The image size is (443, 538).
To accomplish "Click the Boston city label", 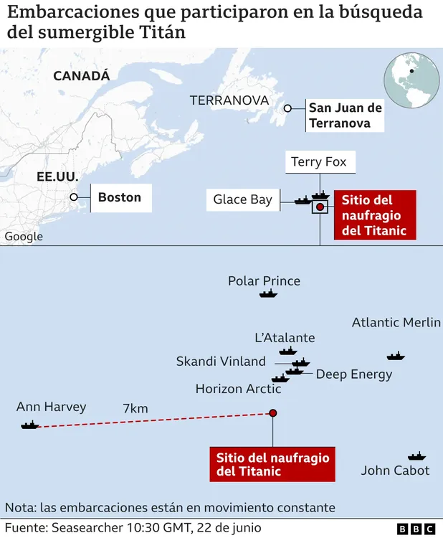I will coord(120,197).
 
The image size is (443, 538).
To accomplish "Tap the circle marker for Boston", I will coord(73,197).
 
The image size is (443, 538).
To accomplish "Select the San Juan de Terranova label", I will coord(345,115).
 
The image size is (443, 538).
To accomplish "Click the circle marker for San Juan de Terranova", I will coord(287,108).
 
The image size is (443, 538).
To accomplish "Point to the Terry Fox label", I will coord(319,162).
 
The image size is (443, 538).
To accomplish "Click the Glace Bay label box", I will coord(243,200).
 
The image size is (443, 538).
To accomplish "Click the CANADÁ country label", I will coord(82,75).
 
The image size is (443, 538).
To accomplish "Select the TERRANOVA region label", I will coord(229,100).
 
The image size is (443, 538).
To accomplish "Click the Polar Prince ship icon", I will coord(268,294).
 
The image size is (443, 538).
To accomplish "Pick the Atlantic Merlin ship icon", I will coord(396,356).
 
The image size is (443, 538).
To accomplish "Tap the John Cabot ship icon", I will coord(416,456).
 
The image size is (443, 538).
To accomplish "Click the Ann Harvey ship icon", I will coord(30,425).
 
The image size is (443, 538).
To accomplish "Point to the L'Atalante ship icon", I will coord(288,351).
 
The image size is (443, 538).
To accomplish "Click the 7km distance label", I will coord(135,408).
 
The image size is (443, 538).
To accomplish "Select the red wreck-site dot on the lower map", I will coord(272,413).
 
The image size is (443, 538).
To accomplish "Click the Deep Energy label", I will coord(354,374).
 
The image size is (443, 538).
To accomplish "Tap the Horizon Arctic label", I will coord(238,389).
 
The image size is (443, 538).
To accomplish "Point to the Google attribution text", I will coord(24,236).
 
